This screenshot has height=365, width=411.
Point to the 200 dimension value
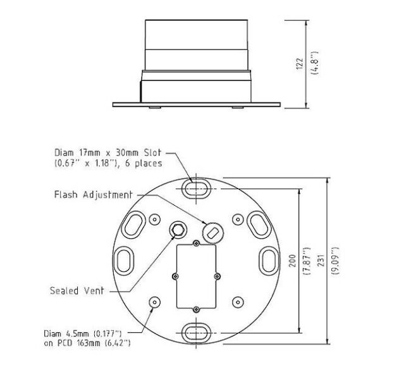pyautogui.click(x=292, y=261)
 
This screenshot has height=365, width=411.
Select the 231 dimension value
pyautogui.click(x=319, y=261)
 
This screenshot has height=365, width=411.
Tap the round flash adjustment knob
pyautogui.click(x=212, y=232)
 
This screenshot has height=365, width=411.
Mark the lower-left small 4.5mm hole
pyautogui.click(x=154, y=302)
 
